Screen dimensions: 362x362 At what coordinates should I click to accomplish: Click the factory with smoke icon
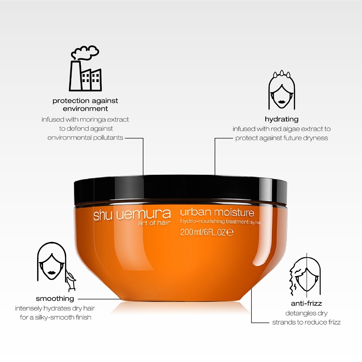[x=85, y=68]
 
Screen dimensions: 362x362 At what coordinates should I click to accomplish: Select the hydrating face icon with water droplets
[x=282, y=90]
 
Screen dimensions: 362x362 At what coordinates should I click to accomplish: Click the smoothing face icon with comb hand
[x=56, y=267]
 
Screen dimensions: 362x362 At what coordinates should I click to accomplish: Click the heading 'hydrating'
[x=282, y=119]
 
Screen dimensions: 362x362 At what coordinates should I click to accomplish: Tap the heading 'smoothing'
[x=55, y=299]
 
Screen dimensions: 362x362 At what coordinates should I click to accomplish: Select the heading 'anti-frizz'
[x=306, y=303]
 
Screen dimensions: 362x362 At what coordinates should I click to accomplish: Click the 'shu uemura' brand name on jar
[x=132, y=215]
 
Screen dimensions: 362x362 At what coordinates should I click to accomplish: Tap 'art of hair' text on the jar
[x=154, y=223]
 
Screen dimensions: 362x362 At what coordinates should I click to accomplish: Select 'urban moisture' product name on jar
[x=217, y=212]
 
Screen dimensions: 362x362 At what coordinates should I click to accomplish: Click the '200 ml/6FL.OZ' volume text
[x=207, y=232]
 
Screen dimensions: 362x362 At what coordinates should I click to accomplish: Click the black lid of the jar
[x=180, y=190]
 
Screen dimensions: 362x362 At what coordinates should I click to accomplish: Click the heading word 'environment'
[x=85, y=109]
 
